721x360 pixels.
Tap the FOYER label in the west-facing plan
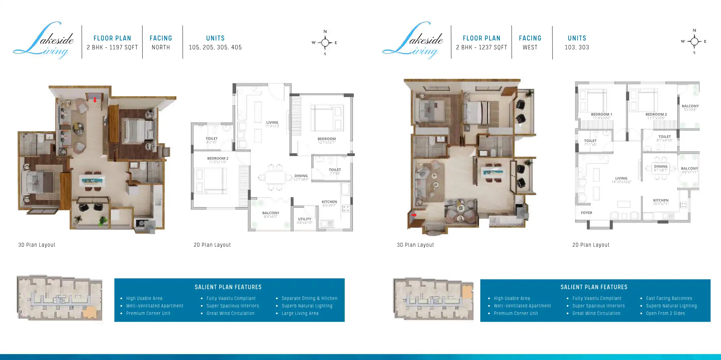click(586, 213)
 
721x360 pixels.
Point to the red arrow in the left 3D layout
click(95, 100)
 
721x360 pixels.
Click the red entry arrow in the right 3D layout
click(414, 215)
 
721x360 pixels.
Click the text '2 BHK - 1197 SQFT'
click(112, 47)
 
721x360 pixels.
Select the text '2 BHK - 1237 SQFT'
click(481, 47)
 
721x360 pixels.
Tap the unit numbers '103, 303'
click(577, 47)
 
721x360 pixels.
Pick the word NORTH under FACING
click(161, 47)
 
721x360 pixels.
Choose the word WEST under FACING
click(530, 47)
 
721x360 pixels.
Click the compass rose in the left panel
click(325, 42)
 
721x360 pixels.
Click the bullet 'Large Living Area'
click(300, 313)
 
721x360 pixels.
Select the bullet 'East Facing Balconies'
click(669, 298)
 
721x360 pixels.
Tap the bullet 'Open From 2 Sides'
click(665, 313)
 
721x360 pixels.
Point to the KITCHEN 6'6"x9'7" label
click(329, 203)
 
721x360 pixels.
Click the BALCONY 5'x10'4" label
click(690, 108)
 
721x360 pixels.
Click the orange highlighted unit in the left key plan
click(89, 312)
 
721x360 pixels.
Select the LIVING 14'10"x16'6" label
click(621, 180)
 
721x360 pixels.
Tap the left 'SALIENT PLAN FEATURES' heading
click(228, 287)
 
